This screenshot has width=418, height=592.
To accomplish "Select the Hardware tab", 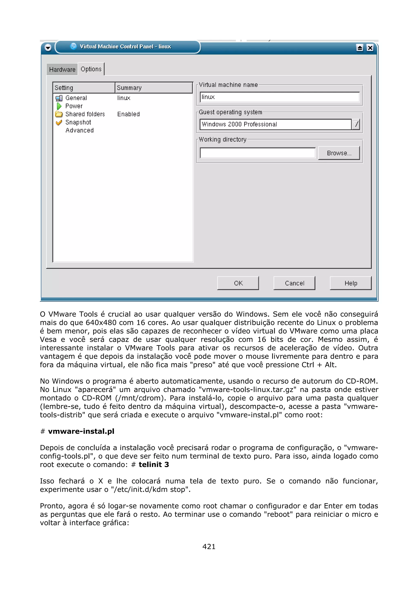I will pyautogui.click(x=62, y=70).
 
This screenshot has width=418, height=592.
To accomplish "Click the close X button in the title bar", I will pyautogui.click(x=370, y=48).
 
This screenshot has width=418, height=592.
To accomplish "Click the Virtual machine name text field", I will pyautogui.click(x=279, y=97).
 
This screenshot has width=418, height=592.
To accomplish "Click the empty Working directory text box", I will pyautogui.click(x=258, y=153).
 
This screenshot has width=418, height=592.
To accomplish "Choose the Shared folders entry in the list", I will pyautogui.click(x=85, y=114).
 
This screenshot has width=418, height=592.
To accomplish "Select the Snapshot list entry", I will pyautogui.click(x=78, y=122).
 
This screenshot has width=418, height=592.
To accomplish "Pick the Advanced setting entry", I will pyautogui.click(x=79, y=131).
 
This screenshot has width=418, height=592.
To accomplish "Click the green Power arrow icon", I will pyautogui.click(x=59, y=106).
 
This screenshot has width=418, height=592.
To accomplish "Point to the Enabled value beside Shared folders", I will pyautogui.click(x=128, y=114).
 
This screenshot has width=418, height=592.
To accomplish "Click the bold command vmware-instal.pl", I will pyautogui.click(x=81, y=431).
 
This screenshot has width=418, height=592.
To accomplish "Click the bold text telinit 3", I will pyautogui.click(x=154, y=465).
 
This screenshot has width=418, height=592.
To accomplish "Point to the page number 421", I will pyautogui.click(x=209, y=546).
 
